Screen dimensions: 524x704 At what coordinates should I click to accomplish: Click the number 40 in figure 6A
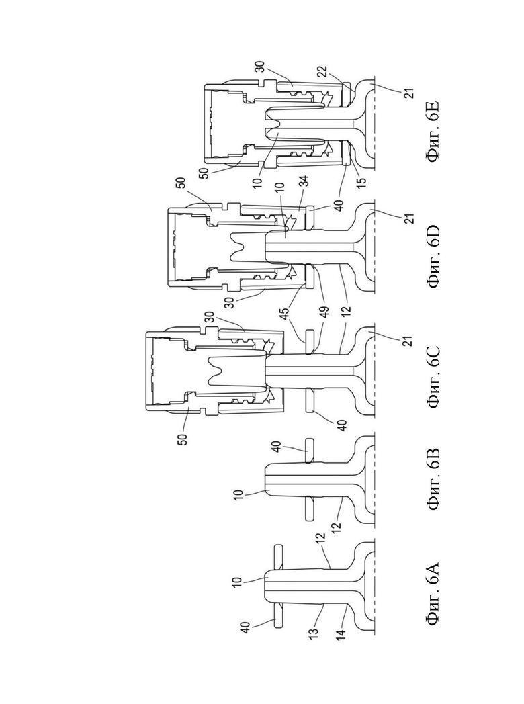click(x=246, y=627)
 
